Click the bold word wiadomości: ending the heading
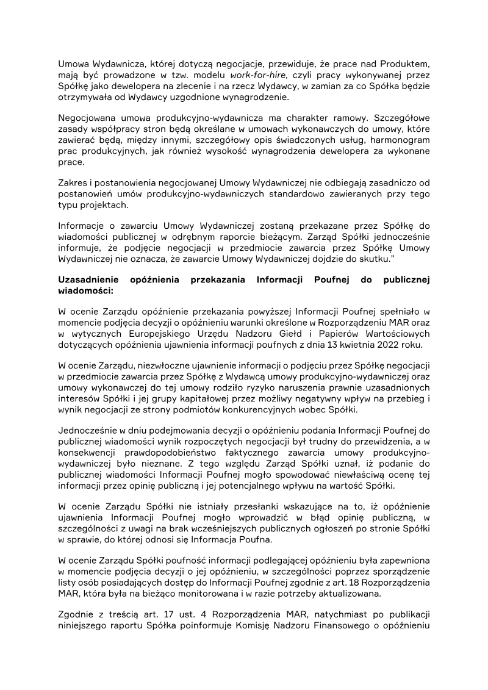(x=82, y=290)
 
